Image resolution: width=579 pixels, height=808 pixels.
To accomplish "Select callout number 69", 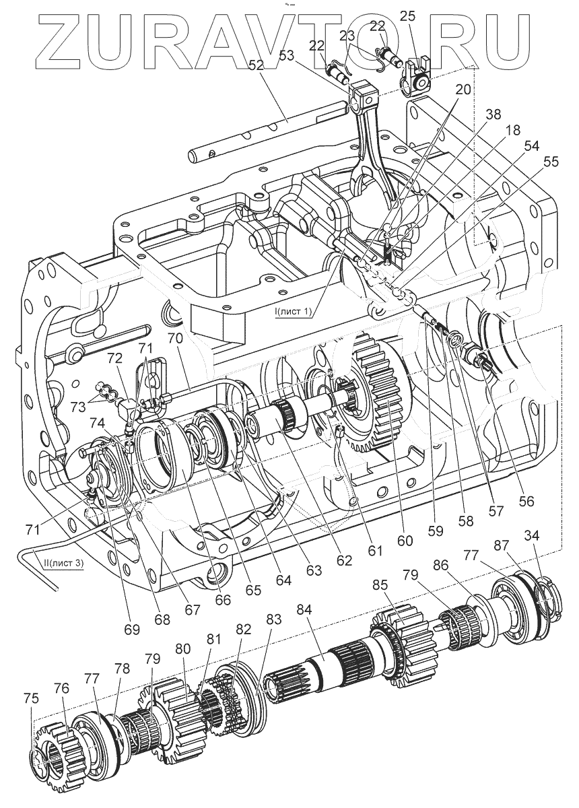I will tap(131, 630).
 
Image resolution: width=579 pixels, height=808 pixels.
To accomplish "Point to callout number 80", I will tap(182, 651).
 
